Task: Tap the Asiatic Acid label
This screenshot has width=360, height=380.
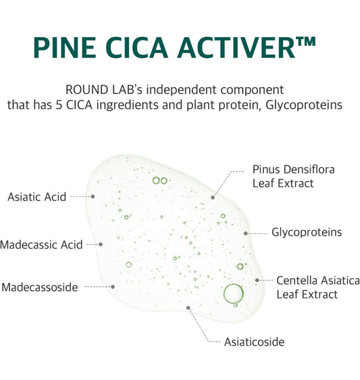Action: (36, 197)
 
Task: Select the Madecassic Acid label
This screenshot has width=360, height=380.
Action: (41, 244)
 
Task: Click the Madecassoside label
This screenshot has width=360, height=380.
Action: (39, 288)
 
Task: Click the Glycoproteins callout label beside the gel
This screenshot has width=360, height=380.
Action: (307, 232)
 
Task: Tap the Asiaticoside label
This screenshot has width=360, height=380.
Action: (254, 342)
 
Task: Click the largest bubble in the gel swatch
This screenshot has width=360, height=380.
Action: (233, 294)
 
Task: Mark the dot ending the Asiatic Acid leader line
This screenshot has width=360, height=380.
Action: (93, 196)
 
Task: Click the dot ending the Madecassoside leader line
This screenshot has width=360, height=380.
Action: (113, 286)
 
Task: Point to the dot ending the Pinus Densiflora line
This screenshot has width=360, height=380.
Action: (213, 197)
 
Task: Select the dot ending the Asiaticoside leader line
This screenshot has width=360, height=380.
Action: (189, 308)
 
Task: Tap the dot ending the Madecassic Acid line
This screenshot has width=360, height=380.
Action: (101, 244)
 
